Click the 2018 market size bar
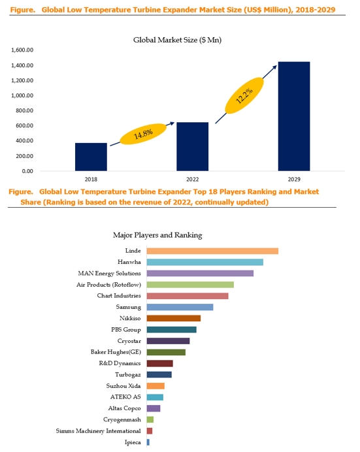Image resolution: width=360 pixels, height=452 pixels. (91, 157)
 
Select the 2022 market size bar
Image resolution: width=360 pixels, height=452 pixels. (193, 147)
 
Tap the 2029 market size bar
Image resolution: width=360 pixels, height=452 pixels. (294, 116)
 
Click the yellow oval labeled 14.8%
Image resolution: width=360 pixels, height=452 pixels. (143, 134)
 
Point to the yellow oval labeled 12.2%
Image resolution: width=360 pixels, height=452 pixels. (244, 95)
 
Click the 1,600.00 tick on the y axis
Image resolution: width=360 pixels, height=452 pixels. (22, 50)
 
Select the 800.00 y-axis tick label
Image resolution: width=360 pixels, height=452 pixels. (24, 110)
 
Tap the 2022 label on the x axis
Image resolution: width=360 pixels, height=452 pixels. (193, 180)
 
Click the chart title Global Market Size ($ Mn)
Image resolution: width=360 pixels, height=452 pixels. (177, 40)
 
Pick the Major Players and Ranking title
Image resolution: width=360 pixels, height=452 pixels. (157, 235)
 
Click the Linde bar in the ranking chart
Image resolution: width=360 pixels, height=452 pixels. (212, 251)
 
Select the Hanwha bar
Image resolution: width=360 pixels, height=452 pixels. (205, 262)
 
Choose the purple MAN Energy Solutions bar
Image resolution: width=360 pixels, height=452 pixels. (200, 273)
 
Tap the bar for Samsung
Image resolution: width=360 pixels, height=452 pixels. (180, 307)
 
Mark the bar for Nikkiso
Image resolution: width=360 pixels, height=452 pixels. (174, 318)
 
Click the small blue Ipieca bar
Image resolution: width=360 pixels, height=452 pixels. (148, 442)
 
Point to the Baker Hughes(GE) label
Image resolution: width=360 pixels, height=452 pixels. (116, 352)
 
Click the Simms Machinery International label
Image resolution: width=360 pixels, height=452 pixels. (98, 431)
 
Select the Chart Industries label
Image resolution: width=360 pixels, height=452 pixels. (119, 296)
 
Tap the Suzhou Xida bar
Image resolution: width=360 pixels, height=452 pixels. (155, 386)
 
